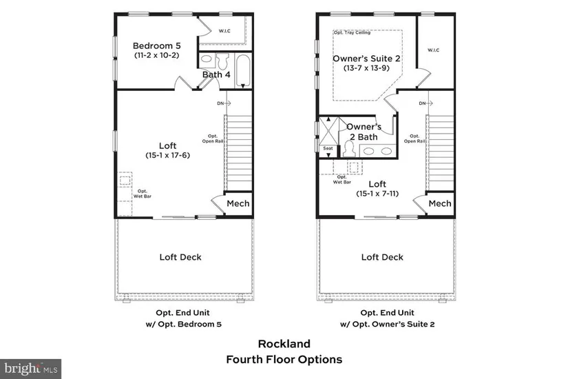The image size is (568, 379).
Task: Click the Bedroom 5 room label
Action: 156,46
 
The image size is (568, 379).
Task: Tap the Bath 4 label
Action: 216,75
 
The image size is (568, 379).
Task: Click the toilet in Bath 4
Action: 222,60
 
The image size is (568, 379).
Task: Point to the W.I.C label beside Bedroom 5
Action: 224,30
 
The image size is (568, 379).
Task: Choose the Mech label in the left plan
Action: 238,204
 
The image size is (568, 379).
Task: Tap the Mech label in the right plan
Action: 440,204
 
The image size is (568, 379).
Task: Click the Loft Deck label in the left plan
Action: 180,257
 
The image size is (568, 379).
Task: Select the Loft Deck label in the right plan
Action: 383,257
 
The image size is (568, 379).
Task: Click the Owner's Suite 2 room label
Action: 367,59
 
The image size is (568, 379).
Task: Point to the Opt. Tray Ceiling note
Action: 351,32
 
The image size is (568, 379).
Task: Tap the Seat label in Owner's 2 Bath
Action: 328,148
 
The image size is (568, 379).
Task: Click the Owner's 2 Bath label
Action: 364,132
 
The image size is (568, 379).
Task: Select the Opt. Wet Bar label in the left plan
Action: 142,193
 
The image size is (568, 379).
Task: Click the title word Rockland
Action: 284,343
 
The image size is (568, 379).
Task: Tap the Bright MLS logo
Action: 31,369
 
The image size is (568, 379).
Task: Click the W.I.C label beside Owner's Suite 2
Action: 433,50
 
